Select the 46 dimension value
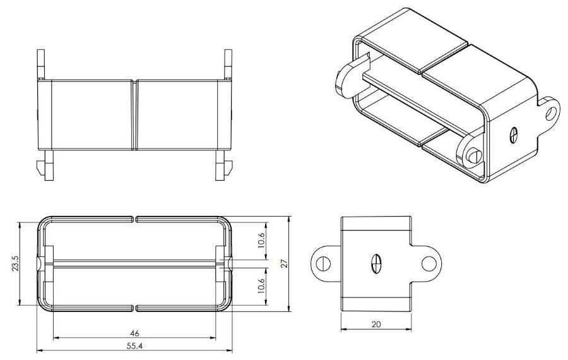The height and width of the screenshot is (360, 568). (x=135, y=332)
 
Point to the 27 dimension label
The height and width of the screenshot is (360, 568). (x=285, y=263)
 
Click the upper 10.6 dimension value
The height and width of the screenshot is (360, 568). (x=262, y=240)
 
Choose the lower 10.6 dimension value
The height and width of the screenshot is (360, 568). (x=262, y=286)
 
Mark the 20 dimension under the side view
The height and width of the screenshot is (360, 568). (x=376, y=324)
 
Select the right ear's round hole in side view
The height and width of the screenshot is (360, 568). (x=429, y=263)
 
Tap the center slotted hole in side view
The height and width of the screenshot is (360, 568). (x=376, y=263)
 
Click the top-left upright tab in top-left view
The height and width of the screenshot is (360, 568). (x=42, y=63)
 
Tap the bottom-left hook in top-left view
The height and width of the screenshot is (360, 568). (x=44, y=167)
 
